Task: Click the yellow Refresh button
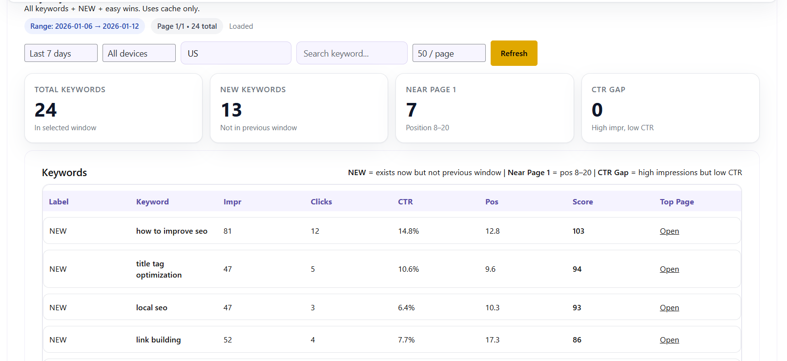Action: click(x=514, y=53)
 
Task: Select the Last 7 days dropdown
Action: click(x=61, y=53)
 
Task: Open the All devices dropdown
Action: click(x=139, y=53)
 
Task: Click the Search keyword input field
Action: click(x=352, y=53)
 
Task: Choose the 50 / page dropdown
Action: click(x=449, y=53)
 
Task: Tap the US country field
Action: click(x=236, y=53)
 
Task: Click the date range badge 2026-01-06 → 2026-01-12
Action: click(x=84, y=26)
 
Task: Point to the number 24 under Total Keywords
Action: click(x=45, y=110)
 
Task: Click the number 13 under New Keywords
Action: click(x=231, y=110)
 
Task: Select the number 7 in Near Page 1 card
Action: click(x=412, y=110)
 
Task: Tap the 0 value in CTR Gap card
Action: click(x=597, y=110)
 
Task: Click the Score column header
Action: click(x=582, y=202)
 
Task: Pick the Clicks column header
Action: click(x=321, y=202)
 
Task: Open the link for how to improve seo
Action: click(x=669, y=231)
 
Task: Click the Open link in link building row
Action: click(x=669, y=340)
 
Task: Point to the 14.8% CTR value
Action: click(x=409, y=231)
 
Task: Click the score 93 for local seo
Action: click(x=577, y=308)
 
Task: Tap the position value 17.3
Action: click(x=492, y=340)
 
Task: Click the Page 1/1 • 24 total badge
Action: click(x=187, y=26)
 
